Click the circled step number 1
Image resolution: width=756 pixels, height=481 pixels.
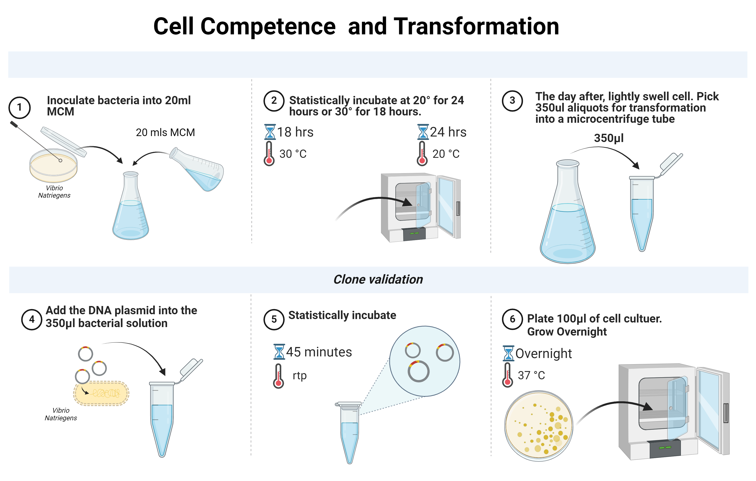pyautogui.click(x=19, y=107)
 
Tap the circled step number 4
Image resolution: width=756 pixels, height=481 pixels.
pyautogui.click(x=32, y=319)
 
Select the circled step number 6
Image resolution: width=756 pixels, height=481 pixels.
pyautogui.click(x=512, y=319)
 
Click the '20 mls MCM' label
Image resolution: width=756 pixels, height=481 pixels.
pyautogui.click(x=165, y=132)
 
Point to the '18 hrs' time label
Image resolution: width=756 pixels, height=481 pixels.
pyautogui.click(x=295, y=132)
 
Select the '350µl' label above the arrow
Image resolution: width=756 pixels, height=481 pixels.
pyautogui.click(x=608, y=138)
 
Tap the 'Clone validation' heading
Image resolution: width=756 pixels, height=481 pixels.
pyautogui.click(x=378, y=279)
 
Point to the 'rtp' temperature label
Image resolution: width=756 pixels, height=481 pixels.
pyautogui.click(x=299, y=375)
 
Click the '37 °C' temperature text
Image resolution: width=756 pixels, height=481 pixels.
pyautogui.click(x=531, y=375)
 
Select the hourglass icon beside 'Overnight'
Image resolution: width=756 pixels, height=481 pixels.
pyautogui.click(x=508, y=353)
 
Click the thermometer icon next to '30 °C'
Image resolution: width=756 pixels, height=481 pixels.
pyautogui.click(x=269, y=153)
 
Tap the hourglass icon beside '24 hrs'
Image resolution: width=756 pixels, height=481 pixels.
pyautogui.click(x=423, y=132)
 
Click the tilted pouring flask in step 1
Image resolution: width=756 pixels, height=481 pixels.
pyautogui.click(x=197, y=169)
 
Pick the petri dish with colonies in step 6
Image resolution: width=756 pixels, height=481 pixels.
pyautogui.click(x=539, y=426)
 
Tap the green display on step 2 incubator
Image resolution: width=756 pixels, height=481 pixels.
pyautogui.click(x=414, y=233)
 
